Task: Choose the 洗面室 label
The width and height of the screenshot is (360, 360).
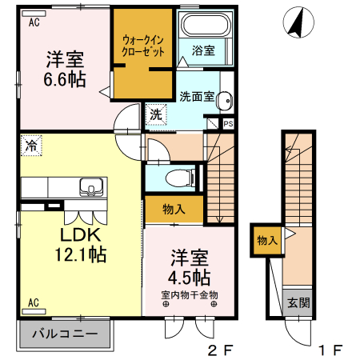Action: tap(196, 97)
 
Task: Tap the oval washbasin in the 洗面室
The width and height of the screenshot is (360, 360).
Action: tap(226, 100)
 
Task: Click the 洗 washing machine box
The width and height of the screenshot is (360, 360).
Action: tap(155, 114)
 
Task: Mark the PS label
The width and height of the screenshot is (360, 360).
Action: tap(228, 124)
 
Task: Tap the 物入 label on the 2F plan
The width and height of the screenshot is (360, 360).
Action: tap(174, 210)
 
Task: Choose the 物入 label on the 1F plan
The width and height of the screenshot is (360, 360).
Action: tap(266, 240)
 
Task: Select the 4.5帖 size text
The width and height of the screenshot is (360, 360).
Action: tap(190, 278)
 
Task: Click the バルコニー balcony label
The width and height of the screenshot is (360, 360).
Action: tap(65, 334)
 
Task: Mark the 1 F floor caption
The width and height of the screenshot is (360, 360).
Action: tap(330, 350)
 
